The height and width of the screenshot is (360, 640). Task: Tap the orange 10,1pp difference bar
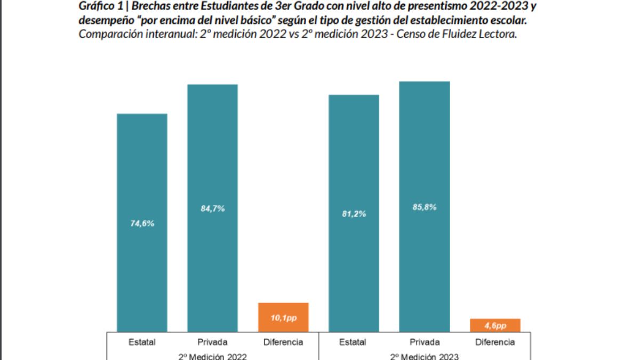click(x=283, y=317)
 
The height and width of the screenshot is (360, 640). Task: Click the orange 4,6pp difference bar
click(x=495, y=325)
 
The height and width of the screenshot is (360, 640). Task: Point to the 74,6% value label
click(x=142, y=223)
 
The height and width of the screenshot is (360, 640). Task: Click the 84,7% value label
click(x=212, y=209)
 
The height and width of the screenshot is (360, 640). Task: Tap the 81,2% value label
click(x=354, y=214)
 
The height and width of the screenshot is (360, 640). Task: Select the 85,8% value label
click(x=425, y=207)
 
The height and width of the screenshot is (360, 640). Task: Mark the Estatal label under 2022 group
click(x=142, y=342)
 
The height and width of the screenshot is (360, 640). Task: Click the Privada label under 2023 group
click(x=425, y=342)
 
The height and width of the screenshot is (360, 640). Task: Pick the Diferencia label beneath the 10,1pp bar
click(x=283, y=342)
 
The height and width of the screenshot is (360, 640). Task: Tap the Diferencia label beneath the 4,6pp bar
click(x=495, y=342)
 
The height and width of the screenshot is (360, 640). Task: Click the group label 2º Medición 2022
click(x=212, y=356)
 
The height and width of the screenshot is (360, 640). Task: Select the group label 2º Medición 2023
click(x=425, y=356)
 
